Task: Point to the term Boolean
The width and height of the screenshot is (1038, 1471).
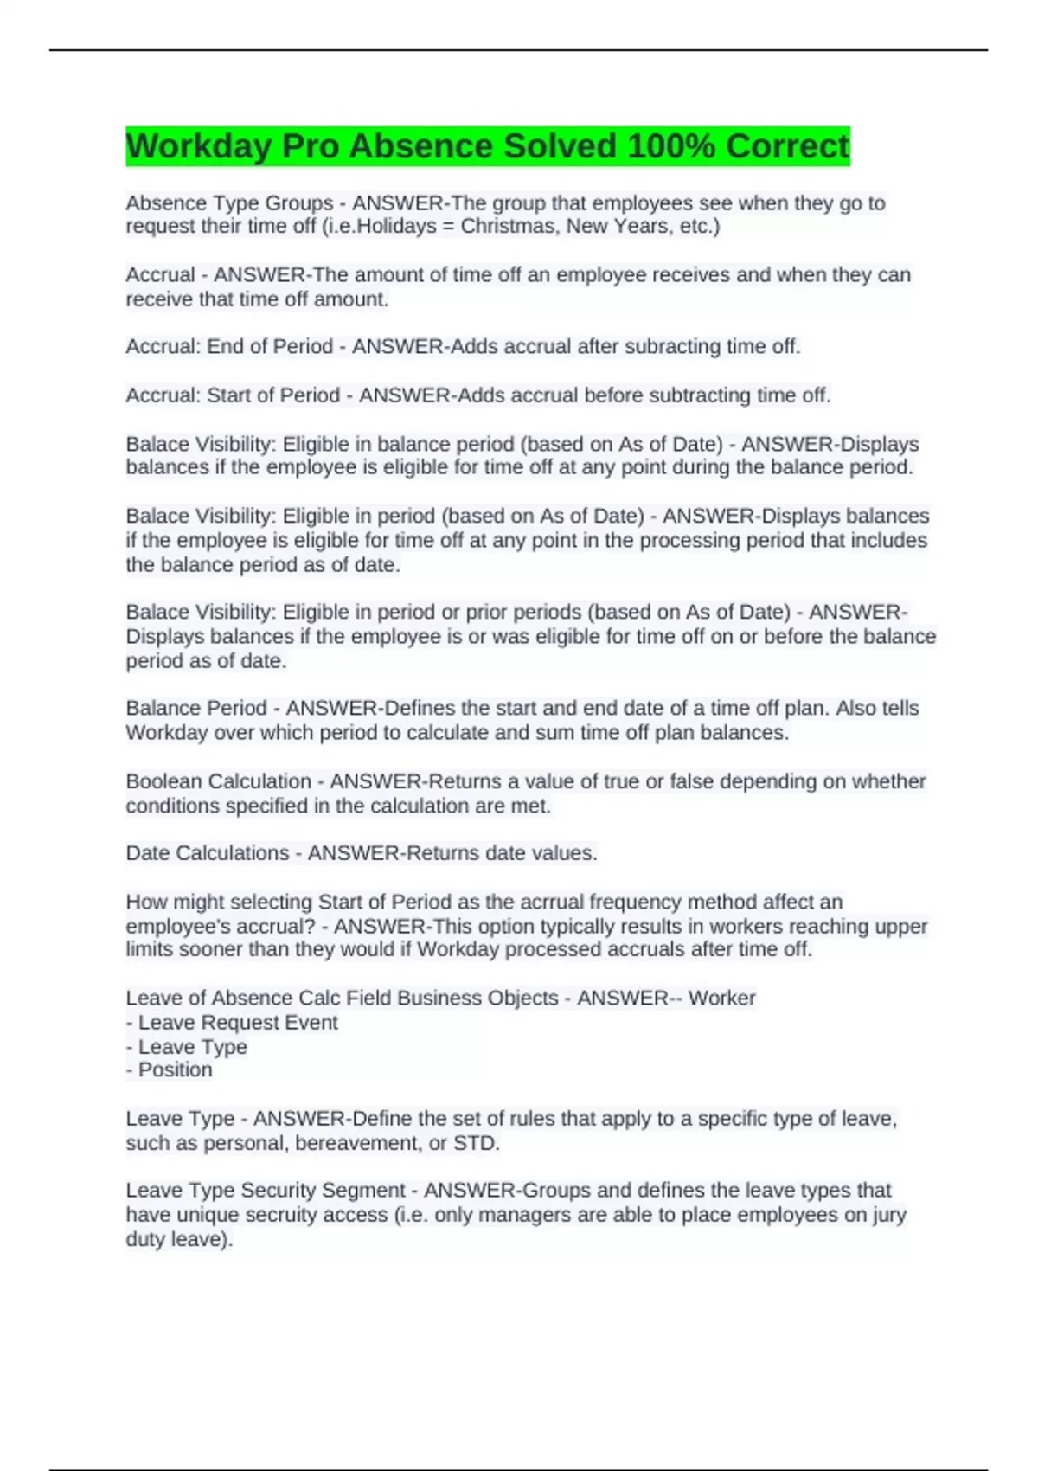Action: click(164, 781)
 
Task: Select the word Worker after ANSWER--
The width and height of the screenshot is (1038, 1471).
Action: click(722, 999)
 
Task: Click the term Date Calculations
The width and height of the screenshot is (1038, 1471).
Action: click(207, 853)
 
